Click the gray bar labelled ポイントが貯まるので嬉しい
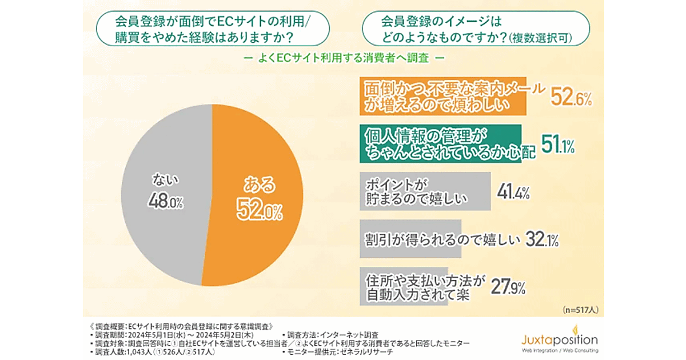coord(426,191)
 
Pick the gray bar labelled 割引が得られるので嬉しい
coord(412,239)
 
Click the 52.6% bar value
coord(571,98)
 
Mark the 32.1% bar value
coord(539,239)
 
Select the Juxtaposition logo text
coord(557,338)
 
